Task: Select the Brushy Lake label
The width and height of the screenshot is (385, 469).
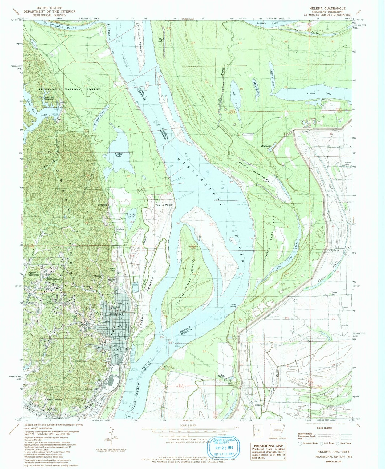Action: coord(131,216)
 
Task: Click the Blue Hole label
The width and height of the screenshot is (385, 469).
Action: coord(266,146)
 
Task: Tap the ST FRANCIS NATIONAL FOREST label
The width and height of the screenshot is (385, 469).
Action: coord(69,89)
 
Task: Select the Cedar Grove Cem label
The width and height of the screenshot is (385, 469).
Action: coord(120,230)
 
